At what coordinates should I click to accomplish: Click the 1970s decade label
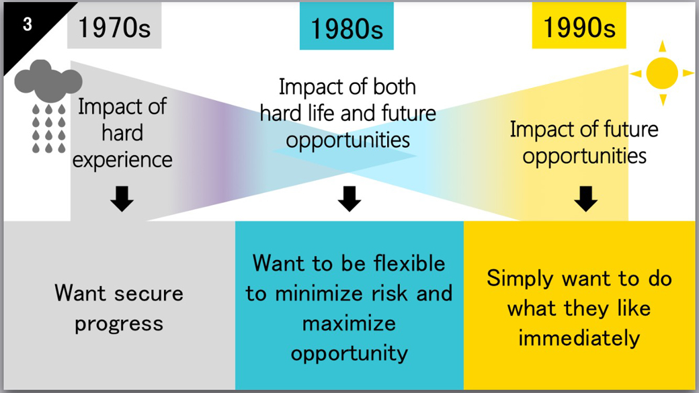point(114,28)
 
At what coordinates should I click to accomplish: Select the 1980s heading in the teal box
point(346,29)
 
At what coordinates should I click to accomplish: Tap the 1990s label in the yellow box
point(579,28)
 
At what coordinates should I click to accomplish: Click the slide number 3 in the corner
point(27,24)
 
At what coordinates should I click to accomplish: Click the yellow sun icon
point(662,73)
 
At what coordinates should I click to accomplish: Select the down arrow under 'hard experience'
point(122,199)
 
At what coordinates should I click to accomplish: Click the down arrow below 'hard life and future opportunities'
point(349,199)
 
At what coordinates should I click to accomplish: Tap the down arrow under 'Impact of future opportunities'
point(585,199)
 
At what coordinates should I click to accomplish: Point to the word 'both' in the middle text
point(394,87)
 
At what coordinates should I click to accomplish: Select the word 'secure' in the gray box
point(149,294)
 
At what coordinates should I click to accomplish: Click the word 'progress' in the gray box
point(119,324)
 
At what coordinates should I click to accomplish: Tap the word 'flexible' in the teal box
point(409,263)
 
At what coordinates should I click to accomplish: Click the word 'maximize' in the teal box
point(349,324)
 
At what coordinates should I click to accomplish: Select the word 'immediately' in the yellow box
point(579,338)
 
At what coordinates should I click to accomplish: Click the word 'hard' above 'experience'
point(122,133)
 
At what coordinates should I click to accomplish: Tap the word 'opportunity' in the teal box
point(349,354)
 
